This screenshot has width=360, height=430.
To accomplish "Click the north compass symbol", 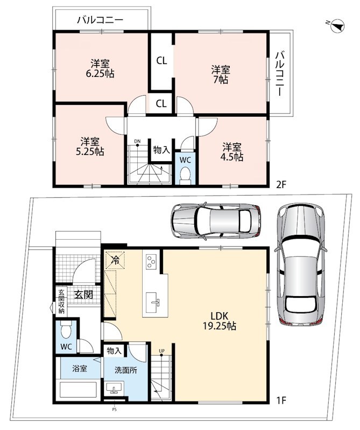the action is [x=337, y=26].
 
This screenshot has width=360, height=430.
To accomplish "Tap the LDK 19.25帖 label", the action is [x=220, y=320].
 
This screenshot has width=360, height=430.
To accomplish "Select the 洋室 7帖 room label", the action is [x=221, y=74].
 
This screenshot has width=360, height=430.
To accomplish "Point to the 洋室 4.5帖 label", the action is [x=232, y=152].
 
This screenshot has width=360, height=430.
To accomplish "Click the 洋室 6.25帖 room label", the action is [x=100, y=69].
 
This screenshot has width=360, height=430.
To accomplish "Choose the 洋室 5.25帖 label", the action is [x=90, y=146].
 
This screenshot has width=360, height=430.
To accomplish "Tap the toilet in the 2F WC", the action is [x=185, y=176].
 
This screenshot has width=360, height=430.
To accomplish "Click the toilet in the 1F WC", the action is [x=66, y=330].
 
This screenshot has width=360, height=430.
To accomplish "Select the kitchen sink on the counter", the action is [x=153, y=302].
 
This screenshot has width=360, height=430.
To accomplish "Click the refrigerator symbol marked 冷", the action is [x=115, y=260].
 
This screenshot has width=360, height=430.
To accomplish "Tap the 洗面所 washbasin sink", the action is [x=114, y=388].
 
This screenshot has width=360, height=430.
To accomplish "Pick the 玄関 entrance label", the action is [x=84, y=295].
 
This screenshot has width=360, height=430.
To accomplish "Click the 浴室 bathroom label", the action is [x=80, y=369].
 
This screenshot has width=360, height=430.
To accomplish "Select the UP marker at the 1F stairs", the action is [x=161, y=351].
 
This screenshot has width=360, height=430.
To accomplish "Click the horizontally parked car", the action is [x=216, y=221].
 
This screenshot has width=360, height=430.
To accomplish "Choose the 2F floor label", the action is [x=281, y=184].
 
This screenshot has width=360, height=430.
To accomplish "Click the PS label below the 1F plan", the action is [x=114, y=410].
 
